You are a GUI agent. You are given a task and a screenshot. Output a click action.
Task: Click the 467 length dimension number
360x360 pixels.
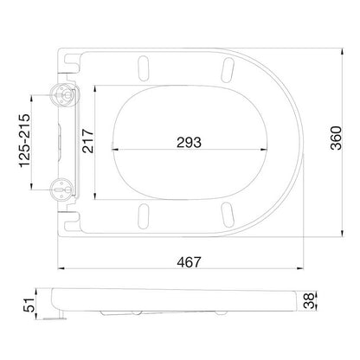point(189,262)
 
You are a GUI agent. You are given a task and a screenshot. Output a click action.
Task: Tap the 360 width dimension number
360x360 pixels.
point(336,138)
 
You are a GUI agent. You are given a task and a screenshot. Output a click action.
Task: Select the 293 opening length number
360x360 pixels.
point(189,142)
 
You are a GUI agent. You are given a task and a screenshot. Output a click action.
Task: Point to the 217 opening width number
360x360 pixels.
point(87,141)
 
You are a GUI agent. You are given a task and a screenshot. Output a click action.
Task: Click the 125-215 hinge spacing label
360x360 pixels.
point(24,141)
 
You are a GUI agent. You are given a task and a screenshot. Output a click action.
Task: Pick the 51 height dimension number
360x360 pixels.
point(29,305)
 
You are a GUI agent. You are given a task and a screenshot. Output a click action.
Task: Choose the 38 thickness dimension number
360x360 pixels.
point(308,300)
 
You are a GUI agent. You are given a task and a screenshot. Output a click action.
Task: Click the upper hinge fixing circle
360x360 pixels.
point(61,94)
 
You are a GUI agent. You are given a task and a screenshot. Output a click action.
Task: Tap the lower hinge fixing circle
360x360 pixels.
point(62,190)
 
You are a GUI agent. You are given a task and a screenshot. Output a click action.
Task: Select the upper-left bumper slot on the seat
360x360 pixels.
point(144,68)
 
